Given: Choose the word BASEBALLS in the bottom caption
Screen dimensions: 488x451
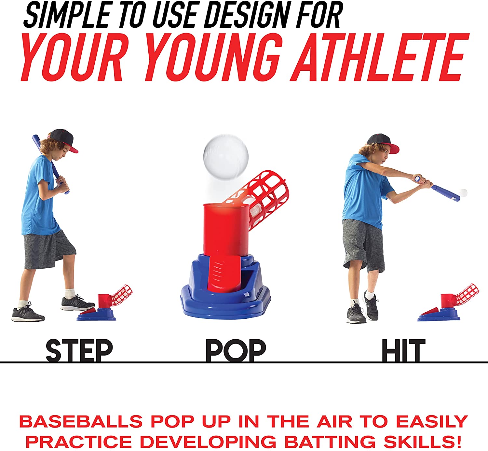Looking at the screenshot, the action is coord(81,421).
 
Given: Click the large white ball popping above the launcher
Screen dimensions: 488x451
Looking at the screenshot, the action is coord(226,157).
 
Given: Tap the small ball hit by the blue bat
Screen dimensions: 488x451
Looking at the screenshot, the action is coord(463,193).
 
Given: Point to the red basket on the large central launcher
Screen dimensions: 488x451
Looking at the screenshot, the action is coord(261,197).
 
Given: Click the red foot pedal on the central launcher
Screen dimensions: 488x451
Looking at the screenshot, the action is coord(221,273).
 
